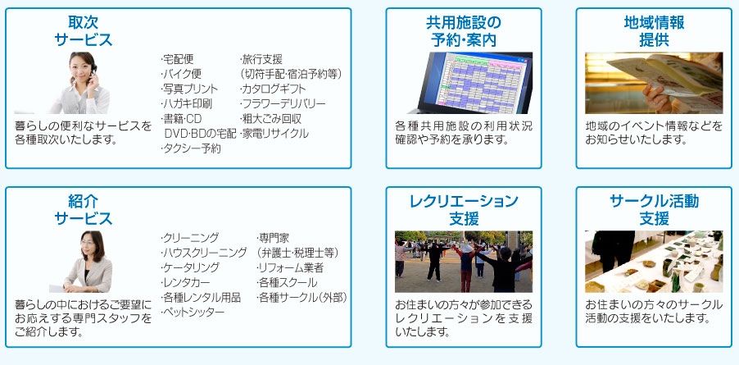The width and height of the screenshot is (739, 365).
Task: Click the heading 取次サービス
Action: click(84, 31)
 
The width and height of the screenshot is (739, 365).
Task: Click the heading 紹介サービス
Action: click(84, 210)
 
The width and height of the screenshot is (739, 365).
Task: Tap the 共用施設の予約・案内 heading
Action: click(464, 31)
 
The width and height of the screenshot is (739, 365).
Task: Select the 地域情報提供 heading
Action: click(654, 31)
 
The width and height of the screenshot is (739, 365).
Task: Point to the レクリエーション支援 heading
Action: click(464, 210)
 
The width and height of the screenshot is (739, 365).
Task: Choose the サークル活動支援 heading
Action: click(654, 210)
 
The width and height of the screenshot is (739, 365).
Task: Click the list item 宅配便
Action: click(177, 59)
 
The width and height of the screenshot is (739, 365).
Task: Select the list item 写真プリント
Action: click(189, 89)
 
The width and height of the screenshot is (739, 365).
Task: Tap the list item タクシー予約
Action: click(190, 149)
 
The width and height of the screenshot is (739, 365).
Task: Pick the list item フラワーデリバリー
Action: click(283, 103)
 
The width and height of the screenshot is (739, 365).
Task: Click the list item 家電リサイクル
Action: click(274, 134)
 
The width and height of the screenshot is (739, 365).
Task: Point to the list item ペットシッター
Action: click(193, 312)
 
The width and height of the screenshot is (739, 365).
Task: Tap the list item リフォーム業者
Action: click(290, 267)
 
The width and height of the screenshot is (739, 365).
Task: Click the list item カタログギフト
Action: click(272, 89)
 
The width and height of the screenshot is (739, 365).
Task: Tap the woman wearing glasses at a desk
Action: click(88, 262)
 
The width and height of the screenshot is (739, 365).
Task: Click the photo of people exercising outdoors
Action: click(464, 262)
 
